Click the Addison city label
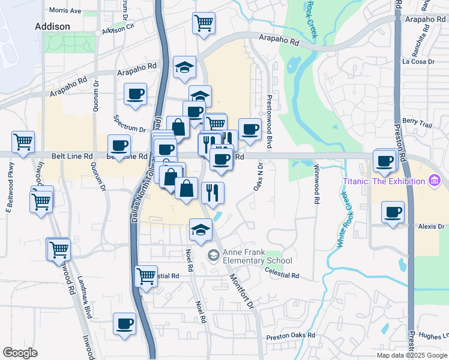tap(53, 26)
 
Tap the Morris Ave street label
tap(65, 11)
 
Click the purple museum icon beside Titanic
tap(433, 181)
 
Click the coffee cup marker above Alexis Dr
tap(393, 212)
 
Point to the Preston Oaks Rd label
tap(291, 335)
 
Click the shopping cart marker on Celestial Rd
tap(146, 276)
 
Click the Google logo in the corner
tap(20, 352)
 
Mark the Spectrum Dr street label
tap(129, 129)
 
